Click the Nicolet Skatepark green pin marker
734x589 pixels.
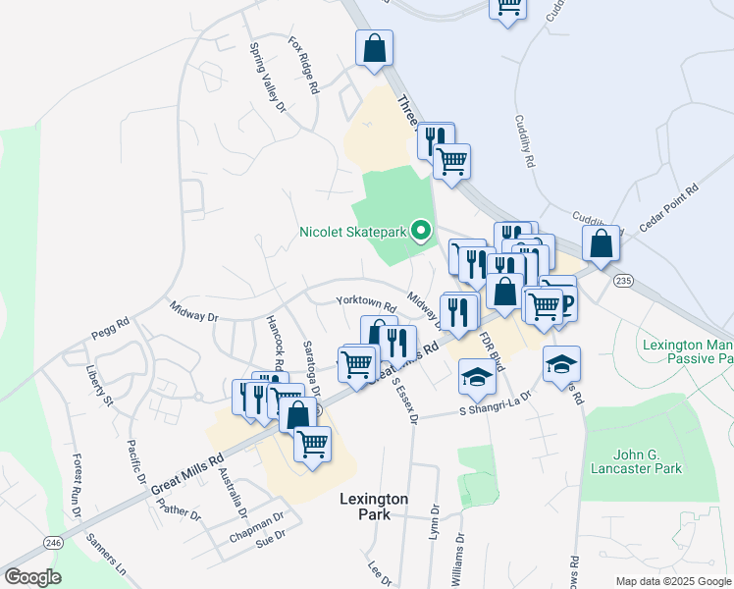click(422, 232)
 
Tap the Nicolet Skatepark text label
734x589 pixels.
click(353, 234)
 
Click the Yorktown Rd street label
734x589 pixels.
click(365, 303)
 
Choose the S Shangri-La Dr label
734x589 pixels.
click(496, 403)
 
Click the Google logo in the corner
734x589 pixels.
click(32, 577)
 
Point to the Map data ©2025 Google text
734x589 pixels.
click(673, 581)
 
